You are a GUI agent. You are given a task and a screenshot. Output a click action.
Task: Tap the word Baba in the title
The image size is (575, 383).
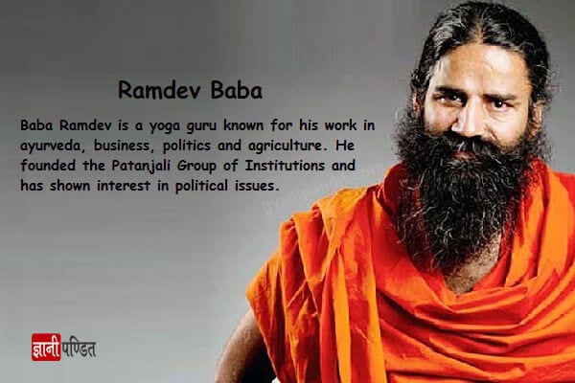point(236,90)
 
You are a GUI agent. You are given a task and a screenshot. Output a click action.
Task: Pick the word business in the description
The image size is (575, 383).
point(122,146)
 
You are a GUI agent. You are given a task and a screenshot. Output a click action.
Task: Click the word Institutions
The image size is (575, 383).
point(285,166)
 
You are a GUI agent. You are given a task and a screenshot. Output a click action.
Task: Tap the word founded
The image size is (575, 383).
point(48,166)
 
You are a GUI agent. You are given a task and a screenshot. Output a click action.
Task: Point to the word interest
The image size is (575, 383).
point(124,186)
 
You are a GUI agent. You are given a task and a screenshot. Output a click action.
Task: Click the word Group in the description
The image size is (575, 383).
point(196,166)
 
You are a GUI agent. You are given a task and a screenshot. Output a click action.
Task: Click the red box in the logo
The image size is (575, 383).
point(46,347)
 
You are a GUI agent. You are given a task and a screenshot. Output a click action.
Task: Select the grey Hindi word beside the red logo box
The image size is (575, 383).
point(79,349)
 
